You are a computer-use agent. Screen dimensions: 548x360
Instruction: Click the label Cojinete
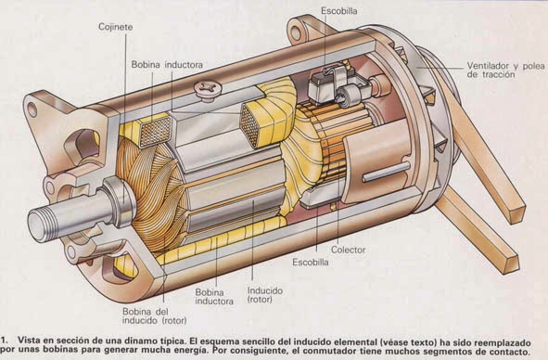(115, 27)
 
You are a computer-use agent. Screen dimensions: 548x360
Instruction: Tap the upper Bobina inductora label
(167, 65)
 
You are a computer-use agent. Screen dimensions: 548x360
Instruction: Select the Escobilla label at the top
(339, 11)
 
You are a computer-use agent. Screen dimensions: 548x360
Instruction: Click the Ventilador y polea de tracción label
(505, 70)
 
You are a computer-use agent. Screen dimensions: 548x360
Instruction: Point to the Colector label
(348, 250)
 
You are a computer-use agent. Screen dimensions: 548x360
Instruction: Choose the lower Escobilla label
(311, 262)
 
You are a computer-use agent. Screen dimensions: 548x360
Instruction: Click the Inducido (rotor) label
(265, 295)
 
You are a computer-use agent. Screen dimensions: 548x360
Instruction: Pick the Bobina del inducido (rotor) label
(154, 315)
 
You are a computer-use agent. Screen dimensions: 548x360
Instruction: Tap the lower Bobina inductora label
(214, 297)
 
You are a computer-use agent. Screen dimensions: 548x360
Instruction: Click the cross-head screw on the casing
(209, 88)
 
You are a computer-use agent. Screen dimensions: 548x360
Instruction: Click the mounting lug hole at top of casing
(297, 32)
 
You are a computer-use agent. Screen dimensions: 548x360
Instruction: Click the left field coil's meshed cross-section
(156, 132)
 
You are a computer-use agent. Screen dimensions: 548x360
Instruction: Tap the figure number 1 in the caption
(3, 341)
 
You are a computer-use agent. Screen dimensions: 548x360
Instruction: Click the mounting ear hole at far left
(32, 109)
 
